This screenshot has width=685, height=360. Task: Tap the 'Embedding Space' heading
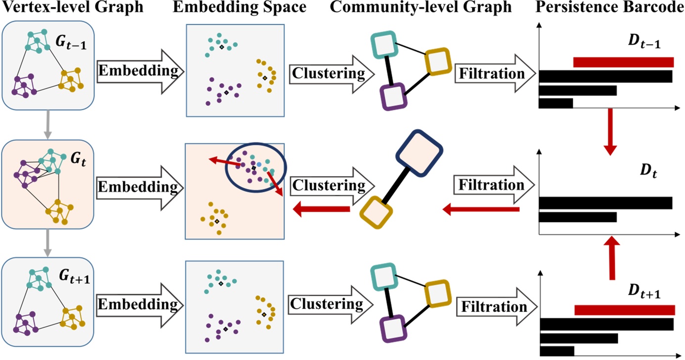click(x=234, y=8)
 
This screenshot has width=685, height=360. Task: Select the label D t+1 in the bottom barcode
click(x=647, y=293)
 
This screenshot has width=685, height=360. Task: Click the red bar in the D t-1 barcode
click(x=623, y=62)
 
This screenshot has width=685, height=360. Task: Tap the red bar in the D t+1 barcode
click(x=624, y=310)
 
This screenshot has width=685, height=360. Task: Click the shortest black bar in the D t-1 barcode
click(x=555, y=103)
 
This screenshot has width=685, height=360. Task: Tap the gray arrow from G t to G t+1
click(x=47, y=241)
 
